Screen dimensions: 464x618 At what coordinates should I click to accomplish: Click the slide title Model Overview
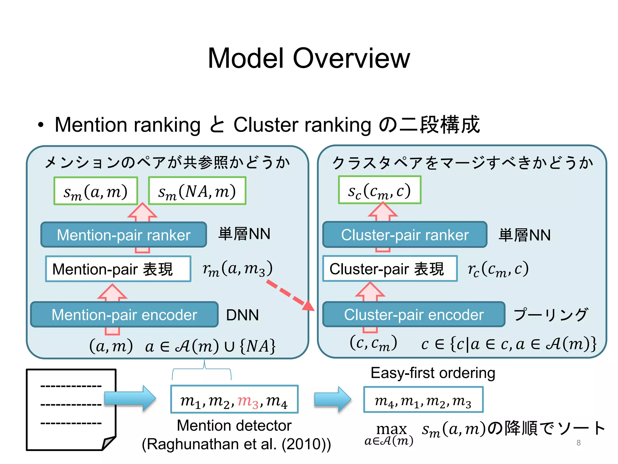coord(309,58)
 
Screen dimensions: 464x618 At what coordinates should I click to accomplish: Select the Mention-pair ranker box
coord(124,235)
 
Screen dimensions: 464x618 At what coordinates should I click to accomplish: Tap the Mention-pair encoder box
coord(124,314)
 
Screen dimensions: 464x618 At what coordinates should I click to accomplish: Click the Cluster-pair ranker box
coord(405,235)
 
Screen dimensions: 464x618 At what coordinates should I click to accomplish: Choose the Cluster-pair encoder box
coord(413,314)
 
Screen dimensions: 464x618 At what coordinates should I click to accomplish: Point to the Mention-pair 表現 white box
coord(118,269)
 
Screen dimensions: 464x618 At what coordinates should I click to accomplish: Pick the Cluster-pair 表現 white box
coord(390,269)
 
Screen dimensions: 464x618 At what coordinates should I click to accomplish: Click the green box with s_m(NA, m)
coord(197,191)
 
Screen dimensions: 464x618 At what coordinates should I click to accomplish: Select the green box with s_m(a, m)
coord(96,191)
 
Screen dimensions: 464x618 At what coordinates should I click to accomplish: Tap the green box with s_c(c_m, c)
coord(379,190)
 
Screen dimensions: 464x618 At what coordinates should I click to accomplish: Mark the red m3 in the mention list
coord(248,401)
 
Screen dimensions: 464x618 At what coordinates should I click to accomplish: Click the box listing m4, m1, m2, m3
coord(423,400)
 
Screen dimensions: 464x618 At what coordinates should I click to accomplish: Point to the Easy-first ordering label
coord(433,373)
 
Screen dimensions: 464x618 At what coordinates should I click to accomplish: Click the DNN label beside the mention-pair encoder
coord(242,315)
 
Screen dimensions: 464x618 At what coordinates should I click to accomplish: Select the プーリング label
coord(551,314)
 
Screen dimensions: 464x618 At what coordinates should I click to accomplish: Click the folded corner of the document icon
coord(109,443)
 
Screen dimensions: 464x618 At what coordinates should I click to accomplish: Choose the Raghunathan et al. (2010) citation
coord(236,444)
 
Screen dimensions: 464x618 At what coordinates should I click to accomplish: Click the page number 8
coord(578,443)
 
